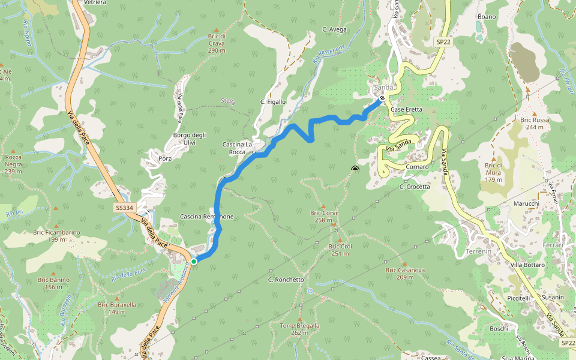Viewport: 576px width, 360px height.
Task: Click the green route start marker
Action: pyautogui.click(x=194, y=262)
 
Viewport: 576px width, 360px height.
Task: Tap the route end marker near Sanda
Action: pyautogui.click(x=382, y=98)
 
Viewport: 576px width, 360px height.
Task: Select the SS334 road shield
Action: pyautogui.click(x=125, y=208)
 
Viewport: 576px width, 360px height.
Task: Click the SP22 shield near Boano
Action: pyautogui.click(x=443, y=42)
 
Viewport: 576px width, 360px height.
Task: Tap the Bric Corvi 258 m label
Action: pyautogui.click(x=323, y=217)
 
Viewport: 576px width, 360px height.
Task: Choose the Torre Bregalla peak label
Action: pyautogui.click(x=299, y=329)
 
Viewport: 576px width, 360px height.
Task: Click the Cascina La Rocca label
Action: pyautogui.click(x=238, y=148)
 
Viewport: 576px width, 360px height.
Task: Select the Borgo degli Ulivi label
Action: pyautogui.click(x=190, y=139)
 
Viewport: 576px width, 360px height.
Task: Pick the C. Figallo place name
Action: pyautogui.click(x=273, y=102)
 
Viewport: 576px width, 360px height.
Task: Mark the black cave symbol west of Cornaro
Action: pyautogui.click(x=355, y=169)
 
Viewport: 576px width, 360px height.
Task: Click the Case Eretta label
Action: pyautogui.click(x=406, y=110)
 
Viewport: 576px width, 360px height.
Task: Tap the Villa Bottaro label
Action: pyautogui.click(x=527, y=265)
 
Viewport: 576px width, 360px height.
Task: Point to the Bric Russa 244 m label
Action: pyautogui.click(x=534, y=123)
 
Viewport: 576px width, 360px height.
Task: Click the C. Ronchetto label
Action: pyautogui.click(x=286, y=280)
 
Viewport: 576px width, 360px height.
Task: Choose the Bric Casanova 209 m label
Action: pyautogui.click(x=405, y=274)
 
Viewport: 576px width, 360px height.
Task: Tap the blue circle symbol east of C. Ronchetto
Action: pyautogui.click(x=310, y=291)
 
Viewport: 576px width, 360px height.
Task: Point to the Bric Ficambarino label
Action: pyautogui.click(x=56, y=236)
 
